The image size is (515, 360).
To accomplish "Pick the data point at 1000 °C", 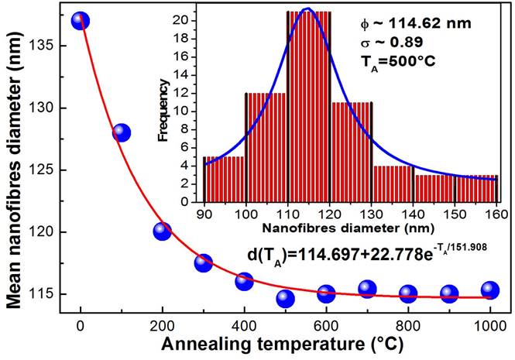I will click(x=489, y=290).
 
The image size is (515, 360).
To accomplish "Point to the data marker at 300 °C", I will click(x=203, y=262).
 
